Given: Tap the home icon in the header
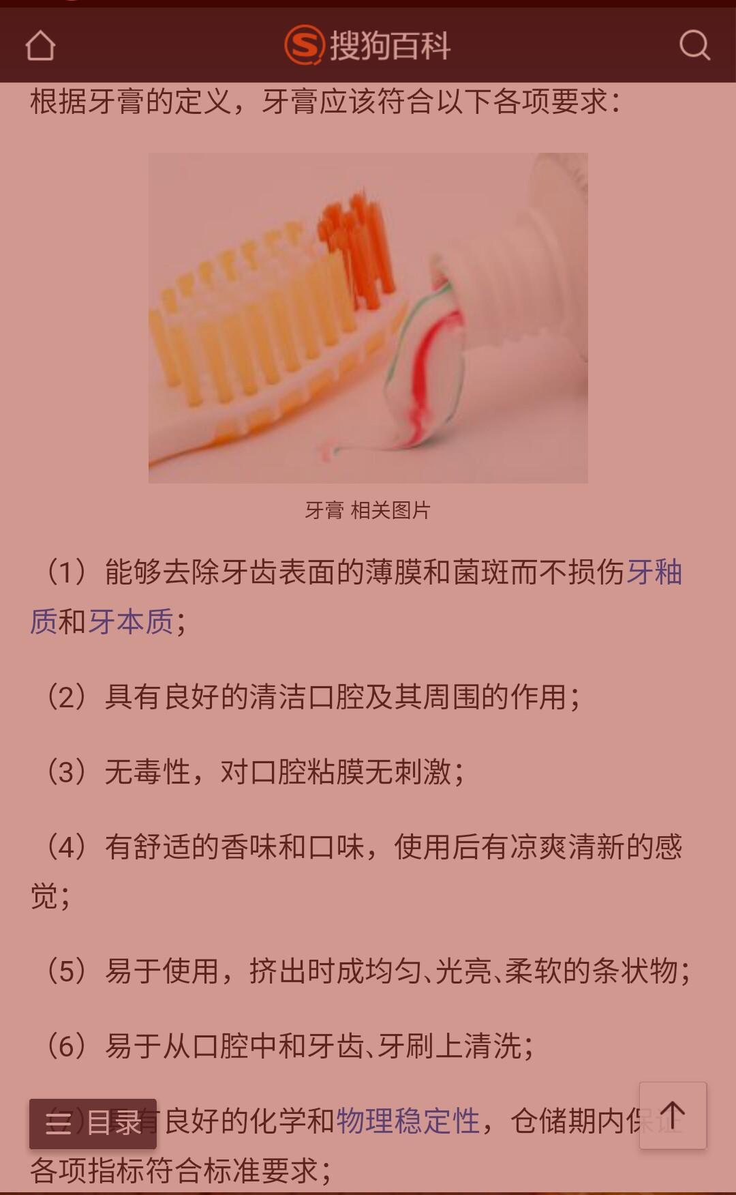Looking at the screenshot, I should pos(40,46).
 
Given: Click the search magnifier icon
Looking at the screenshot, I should pos(694,46).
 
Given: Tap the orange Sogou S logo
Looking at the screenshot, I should pos(303,45).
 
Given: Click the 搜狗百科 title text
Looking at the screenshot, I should pos(390,46).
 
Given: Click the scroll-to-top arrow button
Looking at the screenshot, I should pos(673,1115).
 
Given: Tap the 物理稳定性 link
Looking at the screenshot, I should pos(408,1121).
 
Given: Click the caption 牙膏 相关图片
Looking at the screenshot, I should pos(367,510).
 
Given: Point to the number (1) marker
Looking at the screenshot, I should pos(66,572).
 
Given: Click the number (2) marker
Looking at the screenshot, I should pos(66,696).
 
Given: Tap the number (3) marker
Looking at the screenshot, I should pos(66,771).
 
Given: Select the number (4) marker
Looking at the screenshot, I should pos(66,846).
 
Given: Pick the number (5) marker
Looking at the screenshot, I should pos(66,971).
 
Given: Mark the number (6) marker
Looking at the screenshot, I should pos(66,1046).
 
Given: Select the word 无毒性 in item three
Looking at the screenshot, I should pos(147,771).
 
